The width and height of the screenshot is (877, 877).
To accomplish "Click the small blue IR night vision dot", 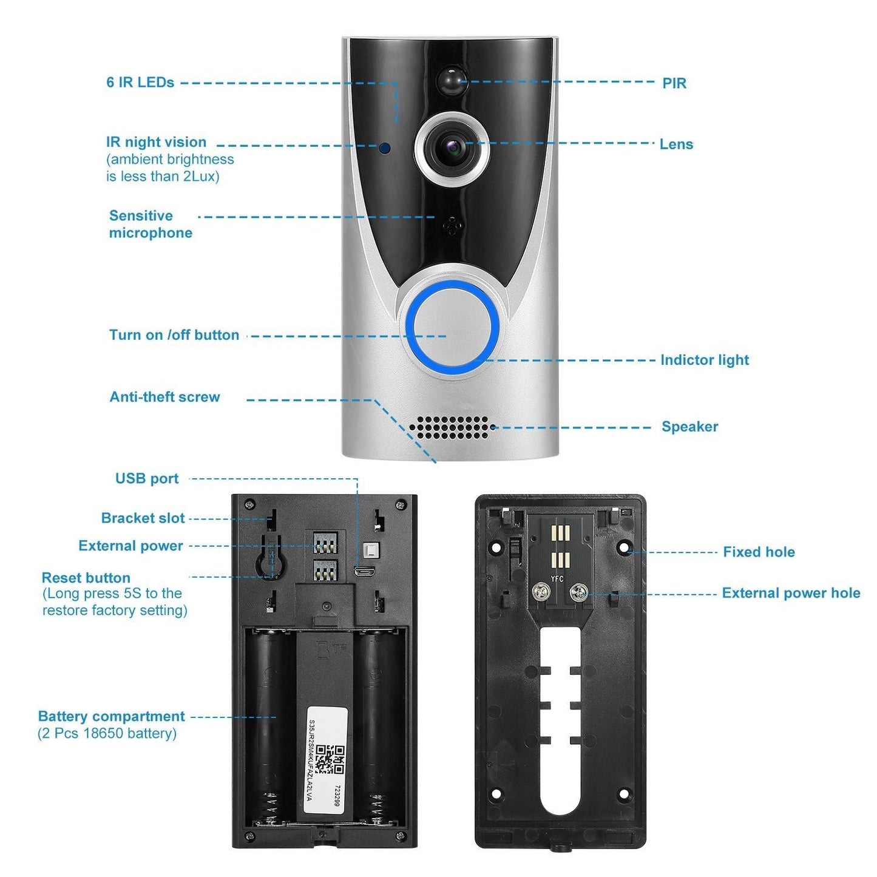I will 385,147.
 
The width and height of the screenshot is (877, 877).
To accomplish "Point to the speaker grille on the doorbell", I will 452,427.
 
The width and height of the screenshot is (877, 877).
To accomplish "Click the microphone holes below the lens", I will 452,225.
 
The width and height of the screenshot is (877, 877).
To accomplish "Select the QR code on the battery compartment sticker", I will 330,760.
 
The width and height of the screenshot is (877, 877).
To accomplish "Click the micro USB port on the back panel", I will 364,571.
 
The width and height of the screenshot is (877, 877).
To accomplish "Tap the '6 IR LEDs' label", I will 140,83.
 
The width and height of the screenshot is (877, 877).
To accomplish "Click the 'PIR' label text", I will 674,84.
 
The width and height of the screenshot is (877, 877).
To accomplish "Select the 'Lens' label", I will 676,144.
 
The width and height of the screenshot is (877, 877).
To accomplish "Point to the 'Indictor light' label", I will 704,360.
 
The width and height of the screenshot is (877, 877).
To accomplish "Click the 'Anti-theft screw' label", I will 164,397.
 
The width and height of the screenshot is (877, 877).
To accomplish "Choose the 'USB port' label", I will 147,479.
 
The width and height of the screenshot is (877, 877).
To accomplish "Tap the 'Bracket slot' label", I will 143,518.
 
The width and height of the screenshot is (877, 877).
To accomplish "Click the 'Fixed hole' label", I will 759,552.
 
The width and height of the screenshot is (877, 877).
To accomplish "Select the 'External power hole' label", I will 790,593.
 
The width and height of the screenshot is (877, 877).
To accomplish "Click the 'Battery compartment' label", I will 111,716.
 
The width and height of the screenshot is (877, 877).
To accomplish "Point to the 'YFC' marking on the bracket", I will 557,578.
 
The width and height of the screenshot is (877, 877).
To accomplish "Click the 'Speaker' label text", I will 689,427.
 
